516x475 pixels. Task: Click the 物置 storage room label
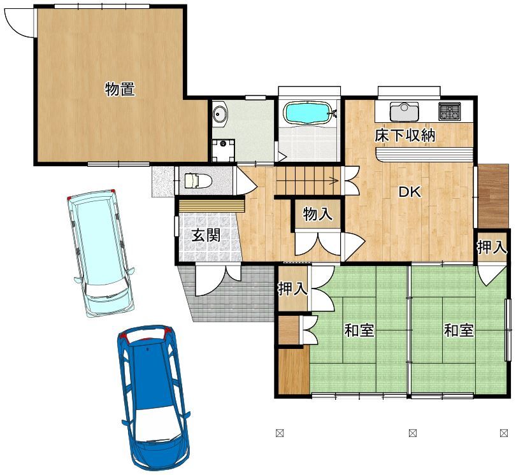[120, 89]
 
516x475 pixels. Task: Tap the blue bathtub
[308, 112]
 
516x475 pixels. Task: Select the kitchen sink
[404, 111]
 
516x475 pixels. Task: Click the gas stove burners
[449, 111]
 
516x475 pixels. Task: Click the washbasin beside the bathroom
[220, 114]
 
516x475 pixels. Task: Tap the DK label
[410, 192]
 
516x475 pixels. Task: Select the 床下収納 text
[405, 136]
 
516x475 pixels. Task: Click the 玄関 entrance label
[206, 235]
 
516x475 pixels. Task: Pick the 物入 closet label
[317, 214]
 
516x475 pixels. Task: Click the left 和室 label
[359, 330]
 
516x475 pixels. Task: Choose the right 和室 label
[459, 330]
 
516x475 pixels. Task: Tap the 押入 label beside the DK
[492, 247]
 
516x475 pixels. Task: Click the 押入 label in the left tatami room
[292, 288]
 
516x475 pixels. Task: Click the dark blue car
[154, 398]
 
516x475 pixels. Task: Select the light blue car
[101, 253]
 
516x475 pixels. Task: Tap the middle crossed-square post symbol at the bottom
[413, 433]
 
